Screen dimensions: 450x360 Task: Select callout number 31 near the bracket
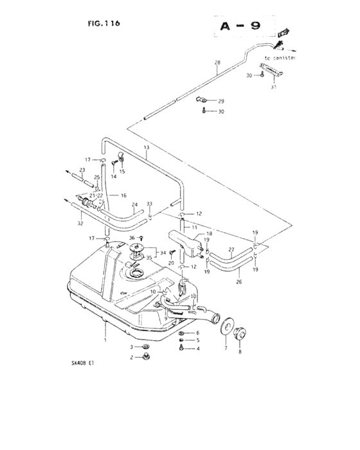click(273, 87)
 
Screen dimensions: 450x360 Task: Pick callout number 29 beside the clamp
click(221, 101)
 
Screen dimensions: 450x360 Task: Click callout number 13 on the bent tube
click(147, 148)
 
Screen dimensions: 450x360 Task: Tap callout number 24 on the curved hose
click(135, 206)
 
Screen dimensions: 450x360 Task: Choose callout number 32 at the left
click(80, 225)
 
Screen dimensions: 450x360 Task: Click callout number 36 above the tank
click(132, 238)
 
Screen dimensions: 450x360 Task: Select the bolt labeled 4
click(183, 348)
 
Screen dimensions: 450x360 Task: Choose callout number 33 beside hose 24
click(149, 204)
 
